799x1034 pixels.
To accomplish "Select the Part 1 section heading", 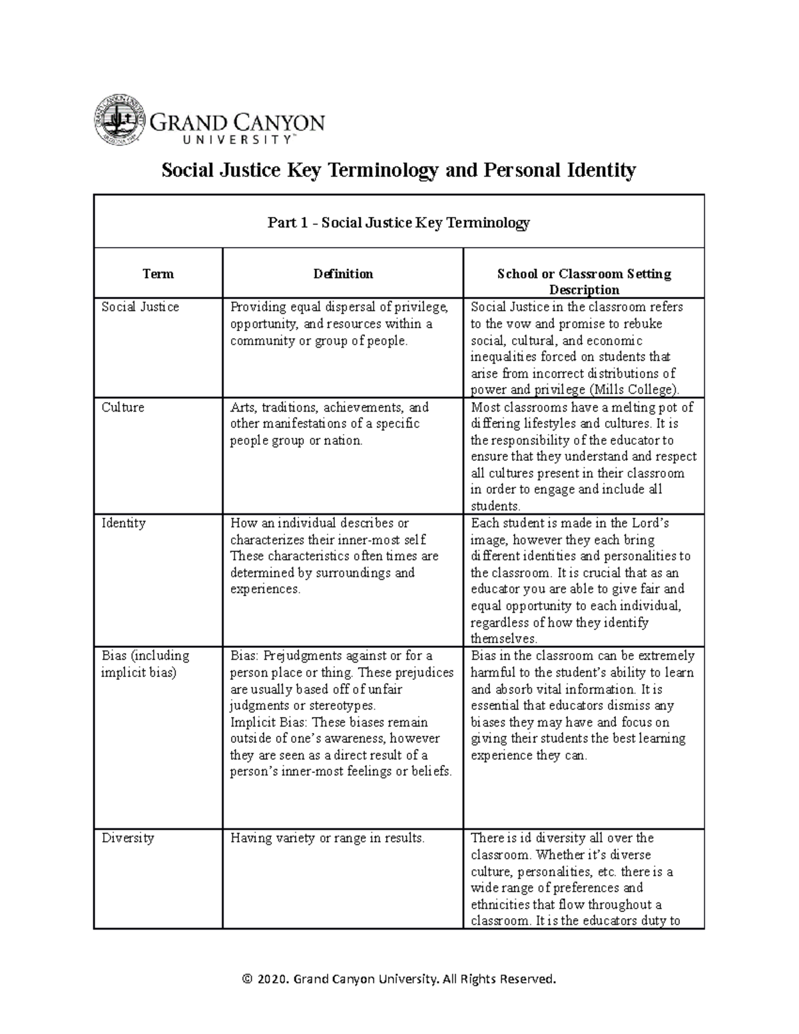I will click(398, 222).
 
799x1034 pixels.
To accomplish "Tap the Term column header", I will click(158, 274).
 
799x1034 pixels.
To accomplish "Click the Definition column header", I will click(343, 274).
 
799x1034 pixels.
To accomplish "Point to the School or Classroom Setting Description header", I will click(584, 282).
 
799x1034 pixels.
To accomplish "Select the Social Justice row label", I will click(140, 307).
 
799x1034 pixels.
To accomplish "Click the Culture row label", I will click(123, 407).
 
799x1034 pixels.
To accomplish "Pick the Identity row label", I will click(123, 523).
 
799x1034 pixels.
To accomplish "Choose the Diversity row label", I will click(127, 838).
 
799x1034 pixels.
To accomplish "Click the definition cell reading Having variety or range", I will click(327, 838).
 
